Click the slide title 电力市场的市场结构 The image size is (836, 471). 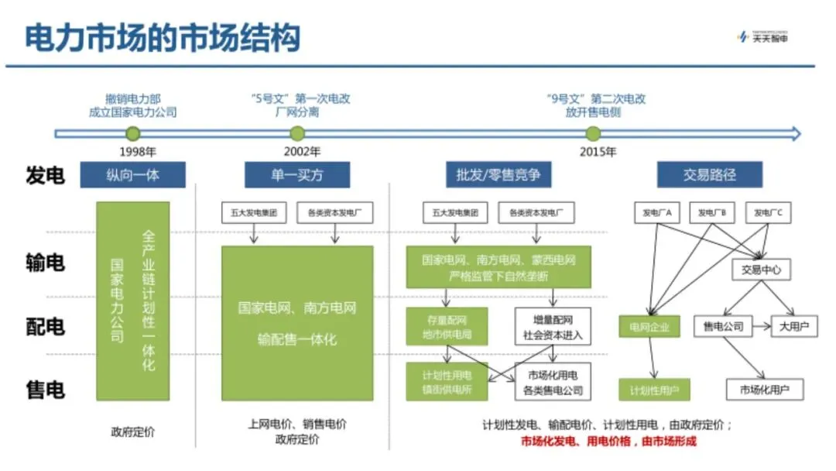point(163,36)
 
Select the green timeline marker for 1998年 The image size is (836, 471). point(132,134)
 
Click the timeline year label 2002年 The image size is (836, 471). point(296,151)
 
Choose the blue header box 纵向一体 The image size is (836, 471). point(132,175)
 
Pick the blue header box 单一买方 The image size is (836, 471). point(296,175)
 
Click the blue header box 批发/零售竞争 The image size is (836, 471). point(499,175)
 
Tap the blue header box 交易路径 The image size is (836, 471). point(710,175)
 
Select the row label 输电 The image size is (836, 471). point(45,263)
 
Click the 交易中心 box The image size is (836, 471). point(761,270)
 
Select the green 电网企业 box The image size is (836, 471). point(649,327)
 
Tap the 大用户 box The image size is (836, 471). point(794,326)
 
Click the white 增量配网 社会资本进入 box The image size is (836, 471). point(553,327)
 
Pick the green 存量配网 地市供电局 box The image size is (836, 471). point(446,327)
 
